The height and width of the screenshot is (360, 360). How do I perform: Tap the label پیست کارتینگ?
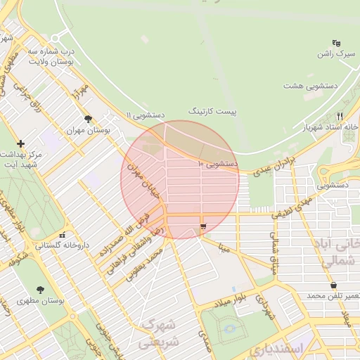click(x=213, y=112)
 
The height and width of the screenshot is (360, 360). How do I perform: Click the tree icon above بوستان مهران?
click(x=88, y=119)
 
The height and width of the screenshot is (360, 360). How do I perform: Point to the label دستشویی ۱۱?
click(x=145, y=114)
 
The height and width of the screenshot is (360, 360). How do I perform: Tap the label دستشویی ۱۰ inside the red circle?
click(x=218, y=164)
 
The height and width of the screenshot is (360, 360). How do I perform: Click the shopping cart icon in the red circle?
click(x=203, y=226)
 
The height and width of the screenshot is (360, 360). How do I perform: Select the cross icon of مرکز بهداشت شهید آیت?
click(x=20, y=143)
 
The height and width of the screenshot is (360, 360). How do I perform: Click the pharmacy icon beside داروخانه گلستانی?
click(x=63, y=235)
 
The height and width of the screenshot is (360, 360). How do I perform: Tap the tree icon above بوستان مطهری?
click(x=39, y=289)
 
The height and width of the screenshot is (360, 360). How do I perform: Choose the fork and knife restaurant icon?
click(x=340, y=116)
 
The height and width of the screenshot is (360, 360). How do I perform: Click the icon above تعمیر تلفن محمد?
click(x=333, y=285)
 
